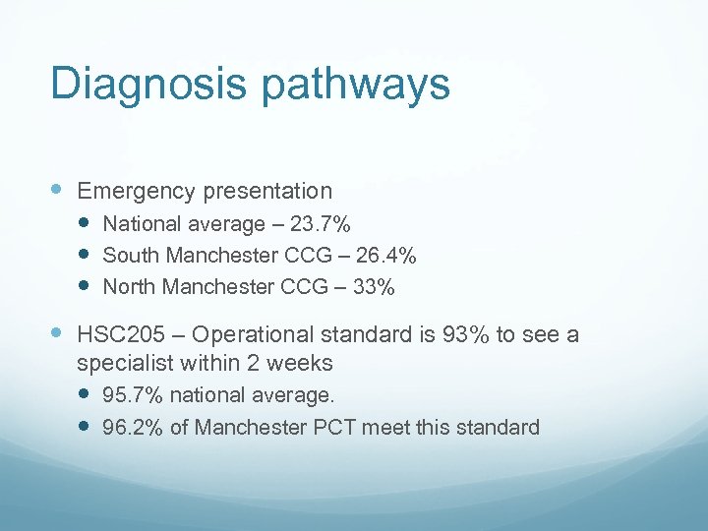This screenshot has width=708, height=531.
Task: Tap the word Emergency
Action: point(137,191)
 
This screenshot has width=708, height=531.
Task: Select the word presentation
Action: point(267,190)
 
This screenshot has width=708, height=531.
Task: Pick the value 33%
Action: point(375,287)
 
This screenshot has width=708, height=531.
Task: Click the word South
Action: point(132,256)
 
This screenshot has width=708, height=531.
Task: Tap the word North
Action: point(132,287)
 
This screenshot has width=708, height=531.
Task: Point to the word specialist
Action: point(125,363)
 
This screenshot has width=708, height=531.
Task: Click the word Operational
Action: point(264,335)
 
